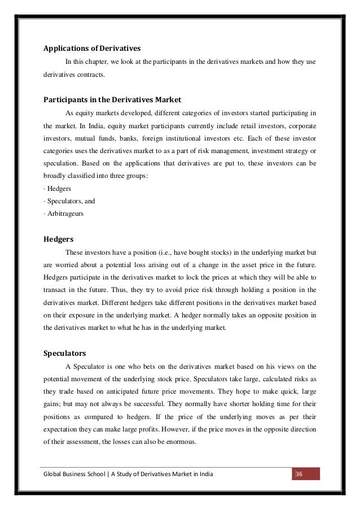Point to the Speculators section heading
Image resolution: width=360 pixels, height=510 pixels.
click(65, 354)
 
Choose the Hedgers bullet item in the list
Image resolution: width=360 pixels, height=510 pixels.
click(59, 187)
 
